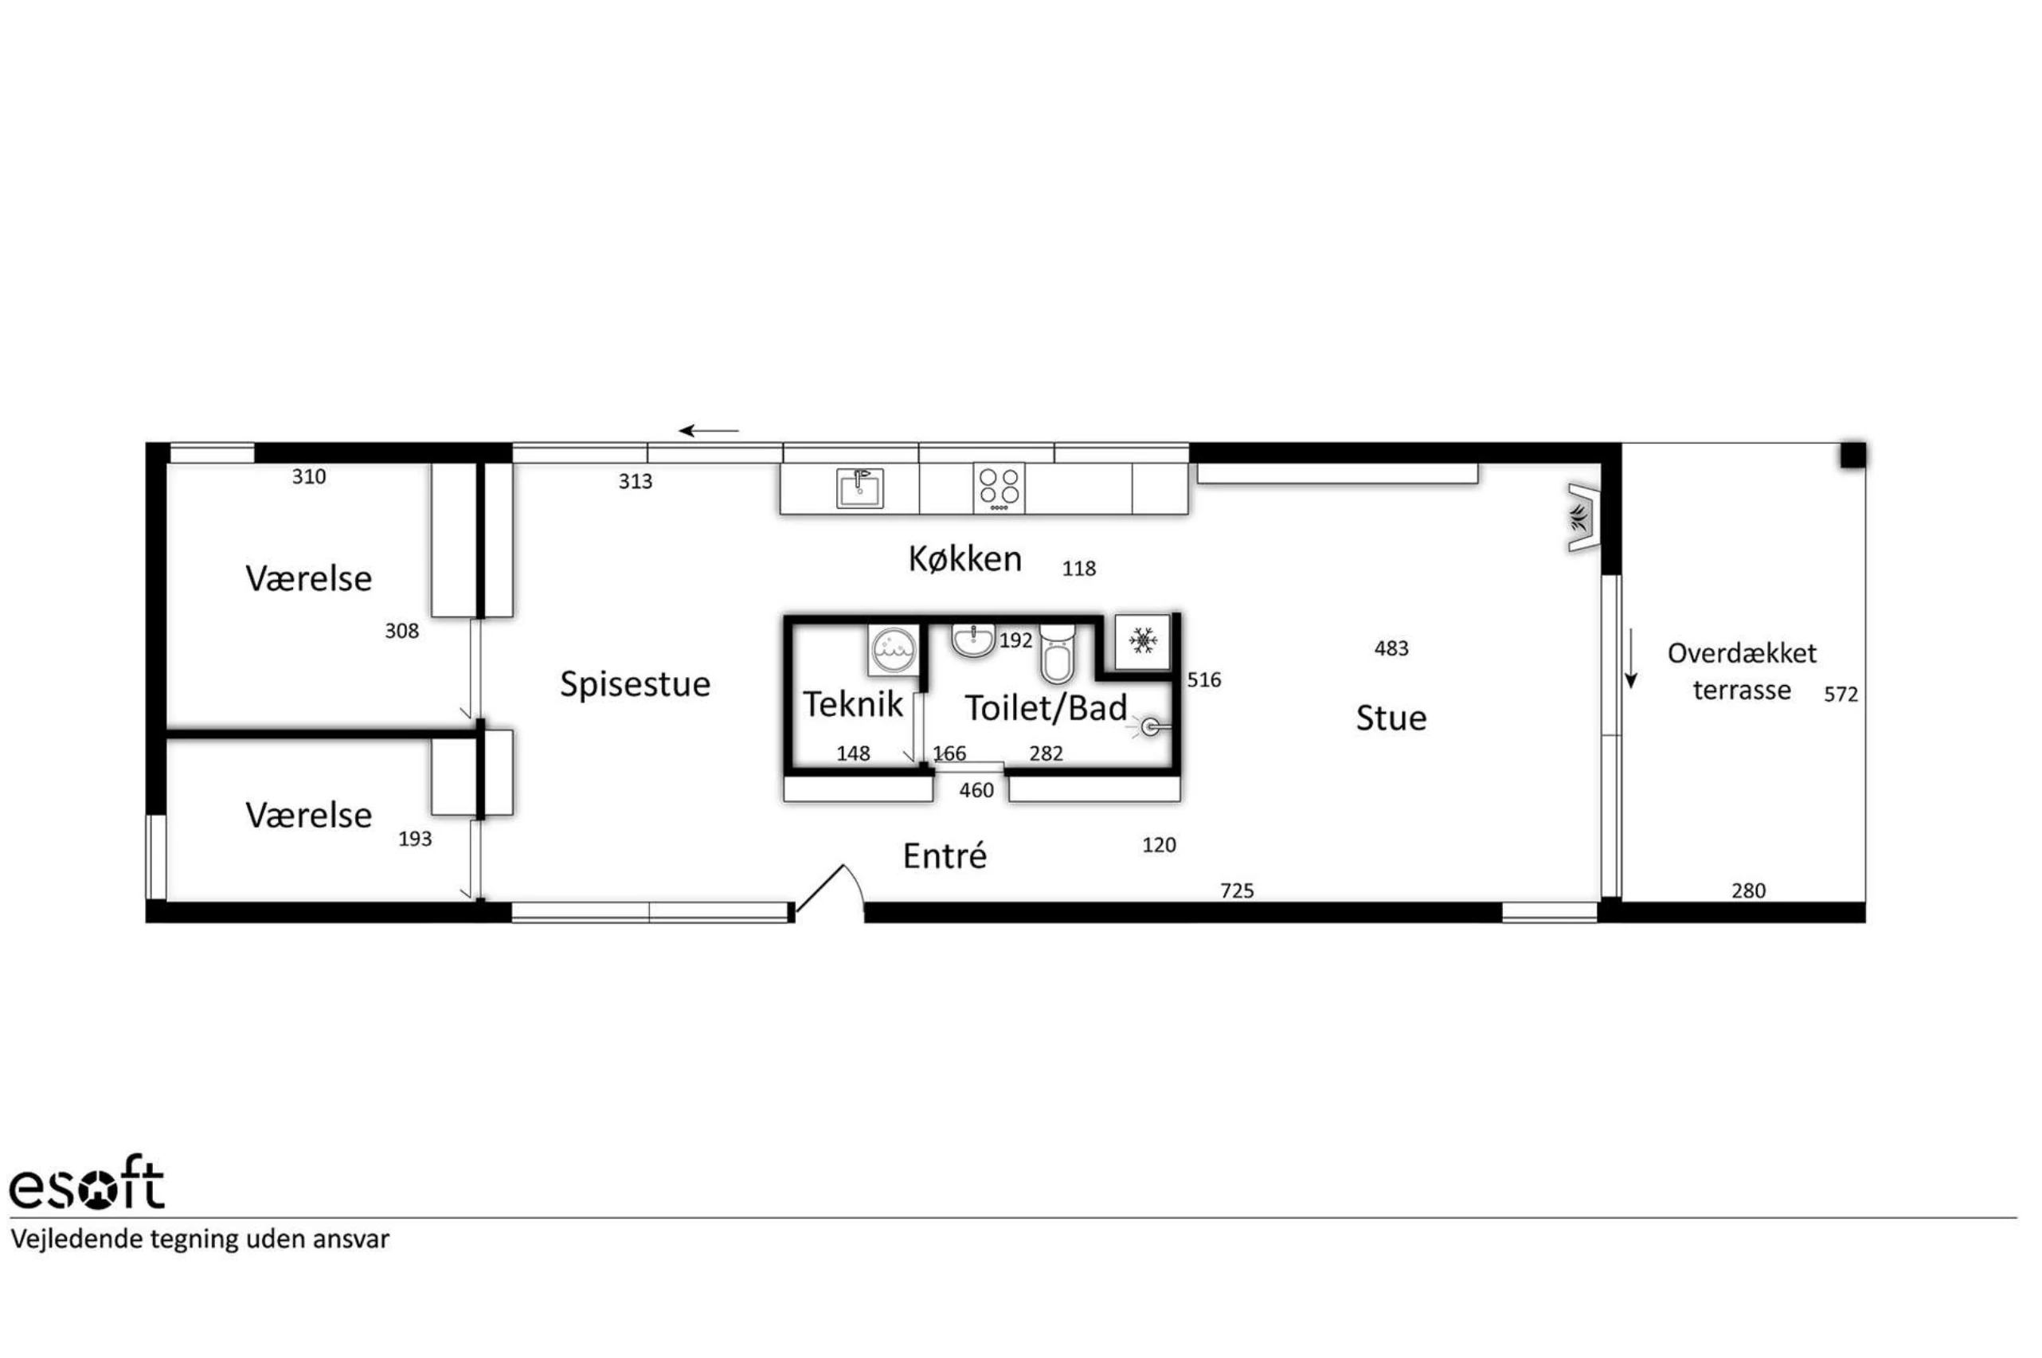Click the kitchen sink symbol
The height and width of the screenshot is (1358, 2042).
click(x=859, y=488)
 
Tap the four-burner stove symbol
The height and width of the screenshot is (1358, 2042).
click(x=999, y=487)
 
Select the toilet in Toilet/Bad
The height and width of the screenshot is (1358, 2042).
click(x=1058, y=654)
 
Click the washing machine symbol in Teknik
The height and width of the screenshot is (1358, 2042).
click(x=893, y=650)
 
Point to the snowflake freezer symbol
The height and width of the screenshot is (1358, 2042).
click(x=1143, y=642)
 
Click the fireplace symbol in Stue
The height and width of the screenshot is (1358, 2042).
click(x=1582, y=518)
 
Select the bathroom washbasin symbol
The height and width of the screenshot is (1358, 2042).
click(x=973, y=640)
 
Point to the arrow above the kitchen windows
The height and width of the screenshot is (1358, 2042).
click(x=708, y=430)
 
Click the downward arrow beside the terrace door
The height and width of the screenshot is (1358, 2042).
click(x=1631, y=659)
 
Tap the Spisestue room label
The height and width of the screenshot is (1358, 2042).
click(x=635, y=684)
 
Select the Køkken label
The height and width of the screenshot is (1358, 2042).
click(x=964, y=559)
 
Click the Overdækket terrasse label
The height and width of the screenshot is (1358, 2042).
click(x=1742, y=671)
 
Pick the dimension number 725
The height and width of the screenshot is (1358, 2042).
click(x=1237, y=890)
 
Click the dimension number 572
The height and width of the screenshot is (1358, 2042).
click(x=1841, y=695)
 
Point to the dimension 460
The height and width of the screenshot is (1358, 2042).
click(x=976, y=790)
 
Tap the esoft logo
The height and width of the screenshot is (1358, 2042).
click(x=87, y=1183)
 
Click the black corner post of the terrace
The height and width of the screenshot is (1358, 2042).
click(x=1852, y=456)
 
